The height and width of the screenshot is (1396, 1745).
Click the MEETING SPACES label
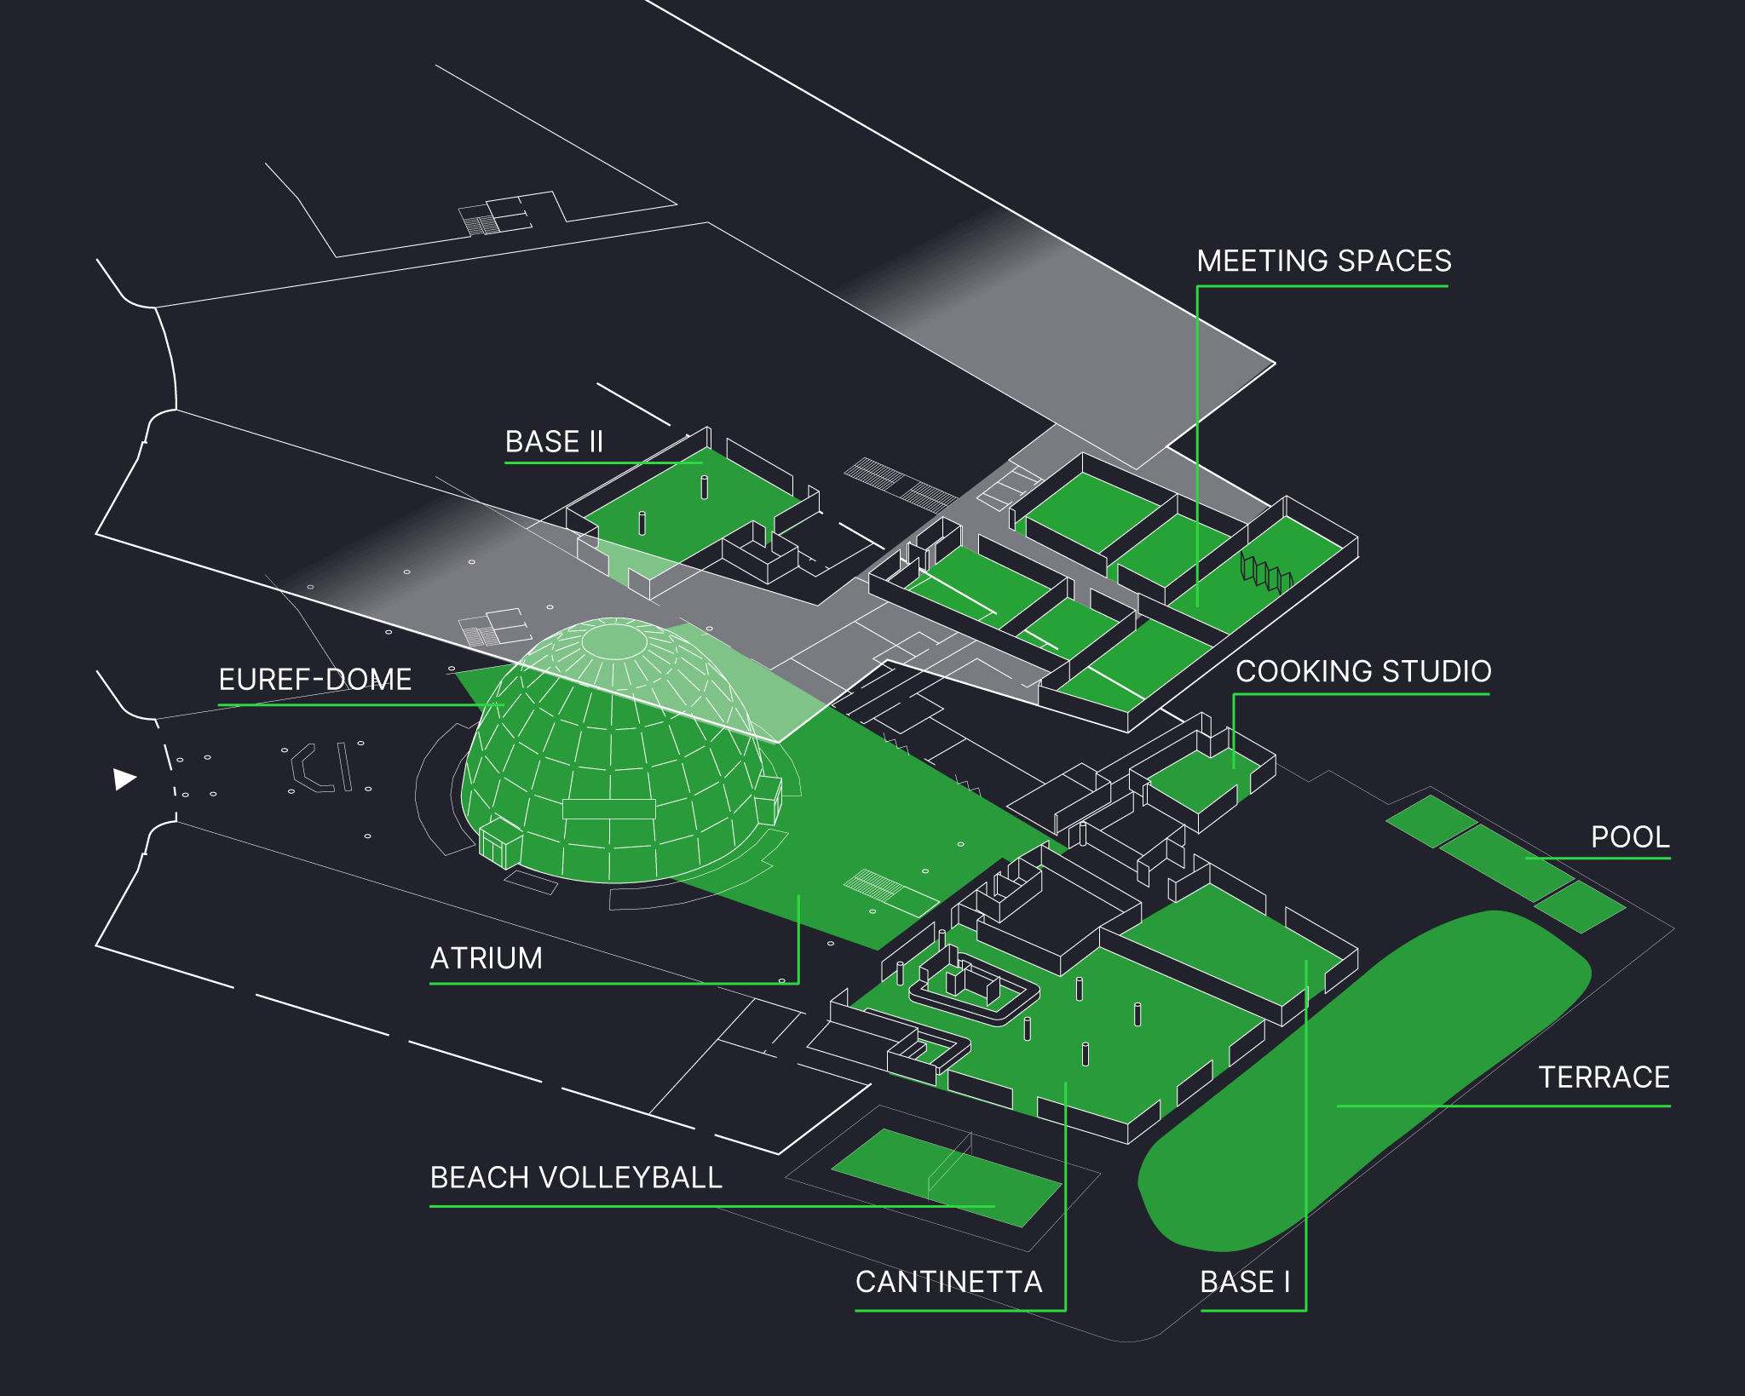click(1323, 261)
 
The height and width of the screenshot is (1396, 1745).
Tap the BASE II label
click(554, 442)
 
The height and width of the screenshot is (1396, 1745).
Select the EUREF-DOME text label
click(314, 680)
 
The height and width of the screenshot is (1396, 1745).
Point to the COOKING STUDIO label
click(1363, 671)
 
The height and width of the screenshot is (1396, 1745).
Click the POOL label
click(1630, 836)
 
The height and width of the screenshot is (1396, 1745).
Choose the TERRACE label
click(1604, 1077)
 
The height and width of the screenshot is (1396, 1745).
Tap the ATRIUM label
click(486, 958)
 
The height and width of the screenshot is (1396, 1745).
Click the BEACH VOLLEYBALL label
click(576, 1177)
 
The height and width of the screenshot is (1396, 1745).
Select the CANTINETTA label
click(948, 1282)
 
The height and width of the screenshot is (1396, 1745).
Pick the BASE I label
click(1245, 1282)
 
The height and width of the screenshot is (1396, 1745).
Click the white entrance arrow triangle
click(124, 778)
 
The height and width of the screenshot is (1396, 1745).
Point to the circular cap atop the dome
click(613, 641)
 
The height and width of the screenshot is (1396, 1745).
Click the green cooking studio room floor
click(1193, 779)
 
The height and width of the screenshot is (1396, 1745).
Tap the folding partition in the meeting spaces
click(1266, 573)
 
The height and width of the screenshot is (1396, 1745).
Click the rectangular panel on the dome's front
click(608, 808)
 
